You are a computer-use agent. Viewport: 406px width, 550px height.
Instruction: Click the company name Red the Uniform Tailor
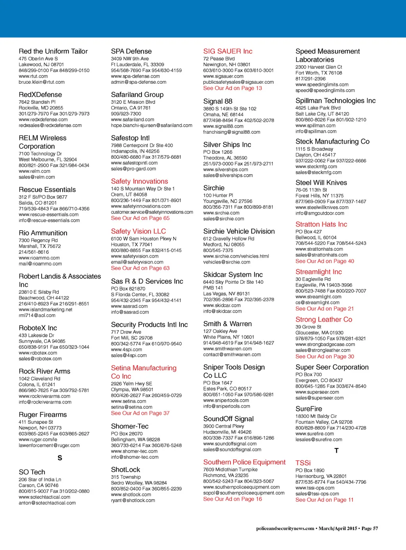pos(53,51)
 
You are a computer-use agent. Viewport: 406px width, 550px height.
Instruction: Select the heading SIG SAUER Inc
pos(228,51)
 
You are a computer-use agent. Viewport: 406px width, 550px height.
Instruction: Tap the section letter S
pos(60,458)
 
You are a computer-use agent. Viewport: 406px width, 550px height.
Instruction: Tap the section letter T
pos(337,451)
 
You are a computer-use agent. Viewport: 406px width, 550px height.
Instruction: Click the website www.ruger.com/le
pos(38,440)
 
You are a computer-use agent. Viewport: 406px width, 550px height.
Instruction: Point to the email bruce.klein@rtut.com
pos(42,82)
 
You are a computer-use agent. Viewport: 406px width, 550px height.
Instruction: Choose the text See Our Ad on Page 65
pos(140,218)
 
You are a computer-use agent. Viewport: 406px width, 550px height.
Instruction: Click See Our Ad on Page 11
pos(324,500)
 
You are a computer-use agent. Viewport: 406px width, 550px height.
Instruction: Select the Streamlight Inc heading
pos(318,272)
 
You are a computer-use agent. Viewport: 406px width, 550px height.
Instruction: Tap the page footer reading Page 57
pos(370,529)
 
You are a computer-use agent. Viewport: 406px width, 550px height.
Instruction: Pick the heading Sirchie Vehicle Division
pos(239,231)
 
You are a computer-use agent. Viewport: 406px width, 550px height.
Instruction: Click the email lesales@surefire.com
pos(319,440)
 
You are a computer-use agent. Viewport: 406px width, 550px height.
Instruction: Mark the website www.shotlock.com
pos(131,495)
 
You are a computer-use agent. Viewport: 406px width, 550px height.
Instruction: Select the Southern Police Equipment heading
pos(244,462)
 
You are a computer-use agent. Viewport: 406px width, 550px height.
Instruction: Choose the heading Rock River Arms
pos(44,371)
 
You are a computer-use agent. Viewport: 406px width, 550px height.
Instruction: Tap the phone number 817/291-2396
pos(310,79)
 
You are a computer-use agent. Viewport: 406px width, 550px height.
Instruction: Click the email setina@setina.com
pos(132,407)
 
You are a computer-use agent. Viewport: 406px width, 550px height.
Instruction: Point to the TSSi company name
pos(303,463)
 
